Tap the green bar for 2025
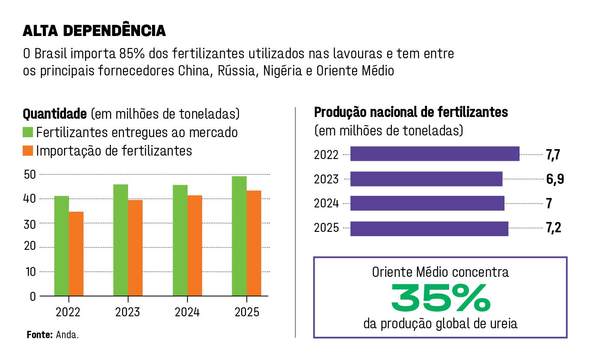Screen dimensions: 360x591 (x=239, y=236)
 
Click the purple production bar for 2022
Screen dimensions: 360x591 (x=435, y=154)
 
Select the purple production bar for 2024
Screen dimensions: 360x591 (x=427, y=203)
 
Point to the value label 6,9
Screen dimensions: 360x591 (x=555, y=179)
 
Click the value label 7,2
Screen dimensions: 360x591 (x=553, y=228)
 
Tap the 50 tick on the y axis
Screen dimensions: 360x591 (x=30, y=174)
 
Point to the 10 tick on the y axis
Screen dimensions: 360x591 (x=30, y=272)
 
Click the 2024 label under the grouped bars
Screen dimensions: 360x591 (x=187, y=312)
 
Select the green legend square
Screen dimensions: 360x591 (x=28, y=132)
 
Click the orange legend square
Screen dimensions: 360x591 (x=28, y=151)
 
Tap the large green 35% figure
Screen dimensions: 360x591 (x=441, y=298)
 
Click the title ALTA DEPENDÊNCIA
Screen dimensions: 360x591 (x=94, y=31)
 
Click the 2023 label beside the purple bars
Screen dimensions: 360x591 (x=326, y=180)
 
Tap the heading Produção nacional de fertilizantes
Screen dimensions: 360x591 (x=411, y=113)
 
